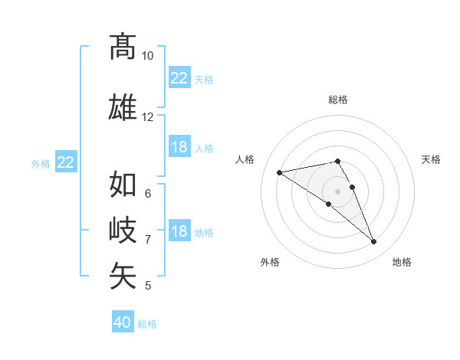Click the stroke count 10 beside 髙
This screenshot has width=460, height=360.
[147, 56]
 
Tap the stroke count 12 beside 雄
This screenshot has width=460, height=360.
[147, 117]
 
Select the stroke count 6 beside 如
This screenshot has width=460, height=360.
[147, 193]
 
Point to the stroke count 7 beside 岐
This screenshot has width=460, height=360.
[147, 240]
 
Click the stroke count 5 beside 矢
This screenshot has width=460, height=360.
[147, 286]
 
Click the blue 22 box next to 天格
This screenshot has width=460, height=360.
[179, 78]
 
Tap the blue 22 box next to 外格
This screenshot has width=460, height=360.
[66, 162]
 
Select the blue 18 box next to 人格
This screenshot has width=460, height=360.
[179, 147]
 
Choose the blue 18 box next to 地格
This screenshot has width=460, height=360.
[179, 231]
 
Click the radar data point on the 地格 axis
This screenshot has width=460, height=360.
[374, 242]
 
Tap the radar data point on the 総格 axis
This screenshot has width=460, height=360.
[337, 161]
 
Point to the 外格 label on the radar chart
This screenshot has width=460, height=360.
[270, 263]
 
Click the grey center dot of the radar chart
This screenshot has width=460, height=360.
[337, 191]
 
